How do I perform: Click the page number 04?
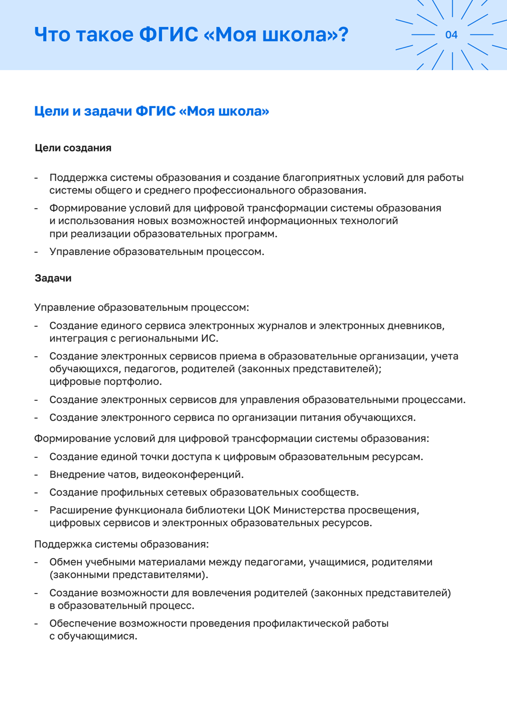click(x=451, y=35)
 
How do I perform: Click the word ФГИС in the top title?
click(x=169, y=35)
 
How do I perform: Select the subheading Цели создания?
click(x=73, y=148)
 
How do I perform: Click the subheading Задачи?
click(x=53, y=278)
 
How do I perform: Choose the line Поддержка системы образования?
click(x=121, y=544)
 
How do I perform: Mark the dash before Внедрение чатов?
click(x=36, y=475)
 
